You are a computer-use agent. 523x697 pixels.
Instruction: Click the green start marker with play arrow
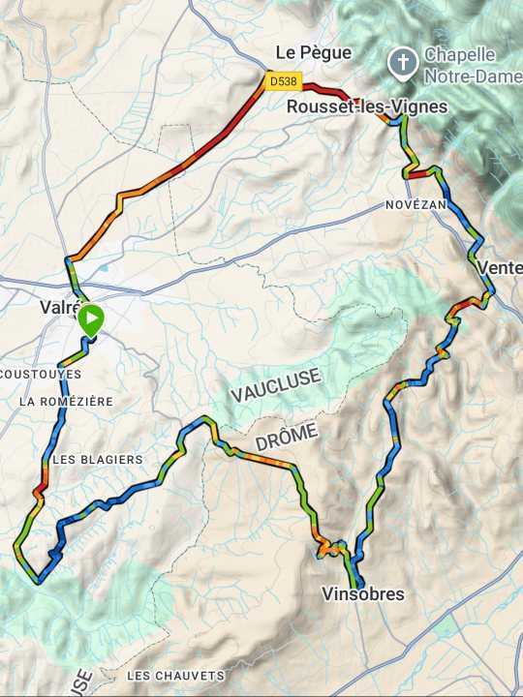(x=90, y=318)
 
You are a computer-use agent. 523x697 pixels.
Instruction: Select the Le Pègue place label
(x=314, y=52)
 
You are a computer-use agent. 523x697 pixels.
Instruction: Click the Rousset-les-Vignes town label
(x=367, y=106)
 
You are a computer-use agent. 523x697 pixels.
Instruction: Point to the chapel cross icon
(x=401, y=65)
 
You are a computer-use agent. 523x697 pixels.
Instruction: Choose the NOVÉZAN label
(x=415, y=206)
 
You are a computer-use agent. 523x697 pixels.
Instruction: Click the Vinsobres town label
(x=363, y=593)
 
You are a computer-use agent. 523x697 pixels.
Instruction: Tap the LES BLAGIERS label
(x=97, y=459)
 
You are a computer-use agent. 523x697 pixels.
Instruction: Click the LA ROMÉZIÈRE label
(x=66, y=401)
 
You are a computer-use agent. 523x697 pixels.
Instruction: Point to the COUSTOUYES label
(x=42, y=374)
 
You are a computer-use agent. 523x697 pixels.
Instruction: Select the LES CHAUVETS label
(x=175, y=675)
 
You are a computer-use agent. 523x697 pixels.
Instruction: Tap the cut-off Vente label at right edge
(x=500, y=267)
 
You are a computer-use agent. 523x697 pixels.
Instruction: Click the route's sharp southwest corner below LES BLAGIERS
(x=16, y=548)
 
